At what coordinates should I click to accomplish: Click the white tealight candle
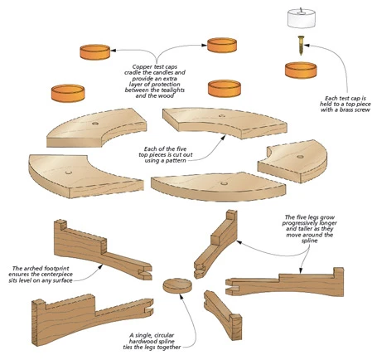pyautogui.click(x=301, y=18)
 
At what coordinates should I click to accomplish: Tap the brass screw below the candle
pyautogui.click(x=301, y=46)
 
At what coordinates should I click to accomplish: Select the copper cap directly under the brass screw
pyautogui.click(x=301, y=71)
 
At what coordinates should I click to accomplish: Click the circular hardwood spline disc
pyautogui.click(x=177, y=286)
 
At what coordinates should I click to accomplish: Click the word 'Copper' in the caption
pyautogui.click(x=141, y=67)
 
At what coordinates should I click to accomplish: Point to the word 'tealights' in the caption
pyautogui.click(x=174, y=90)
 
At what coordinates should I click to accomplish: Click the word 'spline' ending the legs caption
pyautogui.click(x=309, y=241)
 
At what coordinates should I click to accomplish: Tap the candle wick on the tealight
pyautogui.click(x=302, y=11)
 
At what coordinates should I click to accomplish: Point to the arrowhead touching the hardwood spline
pyautogui.click(x=181, y=296)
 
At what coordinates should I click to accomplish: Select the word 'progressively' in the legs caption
pyautogui.click(x=297, y=223)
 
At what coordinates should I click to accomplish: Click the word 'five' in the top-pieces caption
pyautogui.click(x=181, y=149)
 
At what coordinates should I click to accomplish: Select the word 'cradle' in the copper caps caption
pyautogui.click(x=133, y=73)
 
